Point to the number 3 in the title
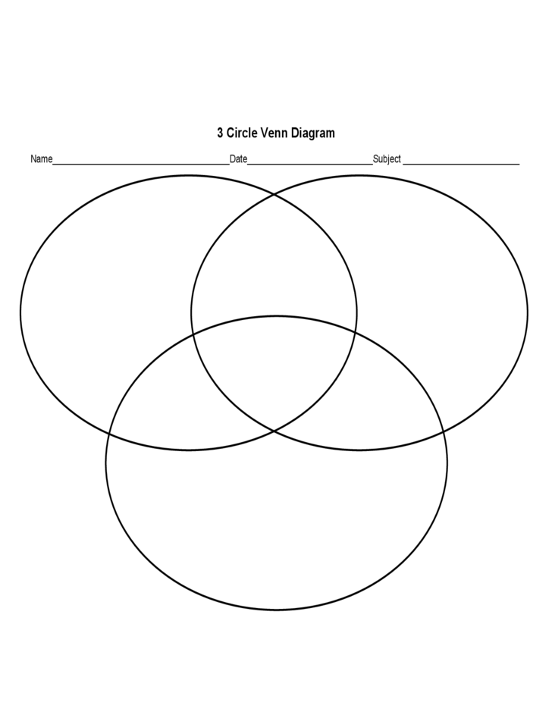[x=220, y=133]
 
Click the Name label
[x=41, y=159]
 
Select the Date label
[x=238, y=159]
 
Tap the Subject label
[x=387, y=159]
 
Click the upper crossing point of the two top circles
[x=274, y=194]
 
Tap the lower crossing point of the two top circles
[x=274, y=431]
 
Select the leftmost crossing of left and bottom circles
[x=110, y=434]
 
